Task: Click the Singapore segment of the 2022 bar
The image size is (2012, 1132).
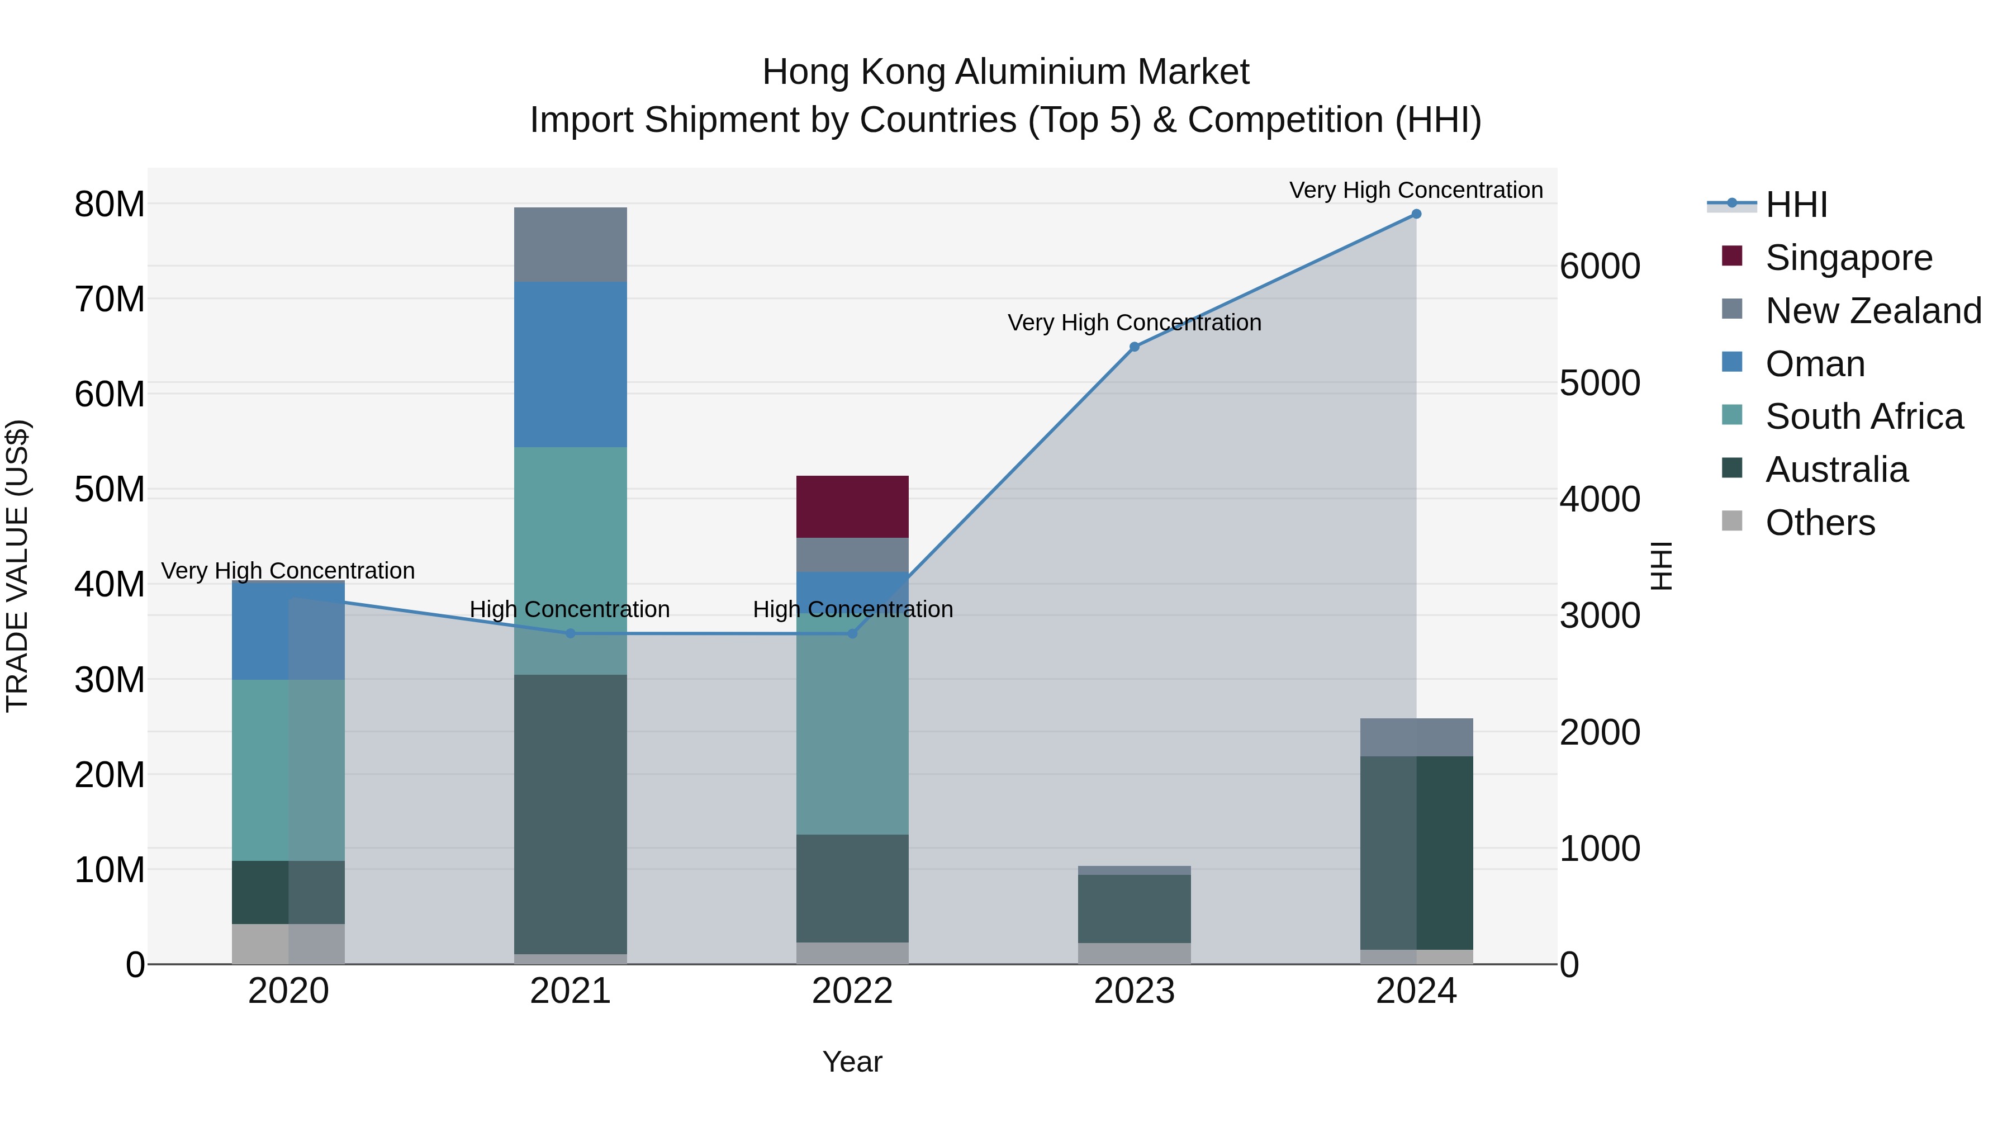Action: [852, 506]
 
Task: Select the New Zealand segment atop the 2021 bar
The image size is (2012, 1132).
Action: [570, 244]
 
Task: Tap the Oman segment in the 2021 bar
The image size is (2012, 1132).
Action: [570, 364]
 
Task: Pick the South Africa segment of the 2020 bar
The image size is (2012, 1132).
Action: [288, 770]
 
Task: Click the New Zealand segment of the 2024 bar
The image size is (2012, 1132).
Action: [1416, 737]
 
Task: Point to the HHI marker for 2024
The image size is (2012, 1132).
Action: [1416, 214]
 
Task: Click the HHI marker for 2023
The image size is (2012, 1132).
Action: [1134, 347]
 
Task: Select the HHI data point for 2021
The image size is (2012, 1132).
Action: [570, 633]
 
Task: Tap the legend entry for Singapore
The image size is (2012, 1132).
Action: [1848, 258]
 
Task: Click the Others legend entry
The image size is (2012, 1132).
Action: [1819, 523]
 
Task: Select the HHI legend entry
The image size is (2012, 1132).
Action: [1796, 205]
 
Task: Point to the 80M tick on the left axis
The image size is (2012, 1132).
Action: [110, 205]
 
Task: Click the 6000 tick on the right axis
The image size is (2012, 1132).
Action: [1600, 267]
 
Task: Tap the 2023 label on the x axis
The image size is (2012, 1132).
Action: [1134, 991]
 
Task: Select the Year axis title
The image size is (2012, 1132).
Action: [852, 1062]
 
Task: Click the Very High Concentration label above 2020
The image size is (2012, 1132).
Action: [288, 571]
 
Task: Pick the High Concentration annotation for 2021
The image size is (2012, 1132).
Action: [570, 609]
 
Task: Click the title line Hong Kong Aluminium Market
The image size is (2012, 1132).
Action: [1005, 72]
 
